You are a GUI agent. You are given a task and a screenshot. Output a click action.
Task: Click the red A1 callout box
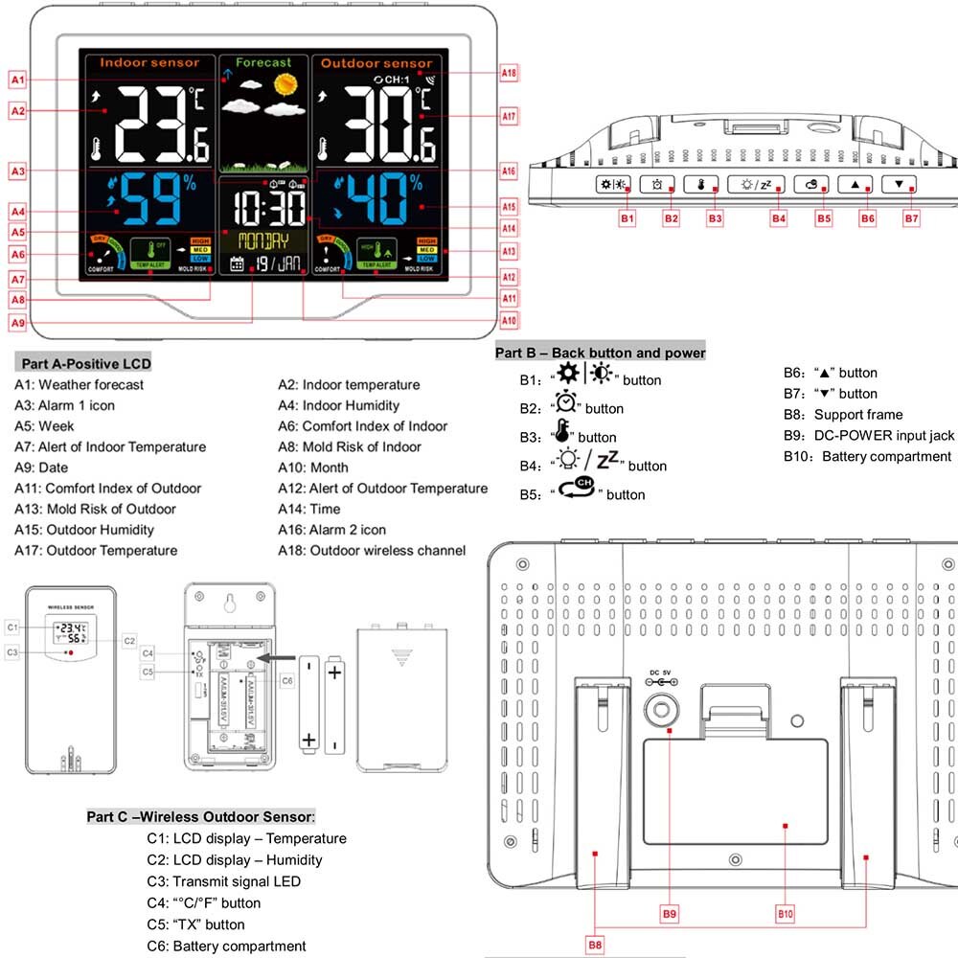[19, 79]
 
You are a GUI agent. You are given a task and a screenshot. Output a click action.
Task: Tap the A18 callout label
[509, 73]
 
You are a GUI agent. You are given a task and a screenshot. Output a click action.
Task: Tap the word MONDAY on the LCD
[263, 239]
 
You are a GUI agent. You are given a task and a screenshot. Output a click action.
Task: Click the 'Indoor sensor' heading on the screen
[149, 62]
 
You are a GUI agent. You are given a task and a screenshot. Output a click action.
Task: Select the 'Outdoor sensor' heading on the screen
[376, 63]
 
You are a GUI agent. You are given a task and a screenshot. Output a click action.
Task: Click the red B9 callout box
[670, 914]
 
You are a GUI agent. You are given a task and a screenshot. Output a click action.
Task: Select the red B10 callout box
[786, 914]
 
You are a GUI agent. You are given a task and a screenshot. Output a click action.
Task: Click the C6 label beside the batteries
[286, 680]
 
